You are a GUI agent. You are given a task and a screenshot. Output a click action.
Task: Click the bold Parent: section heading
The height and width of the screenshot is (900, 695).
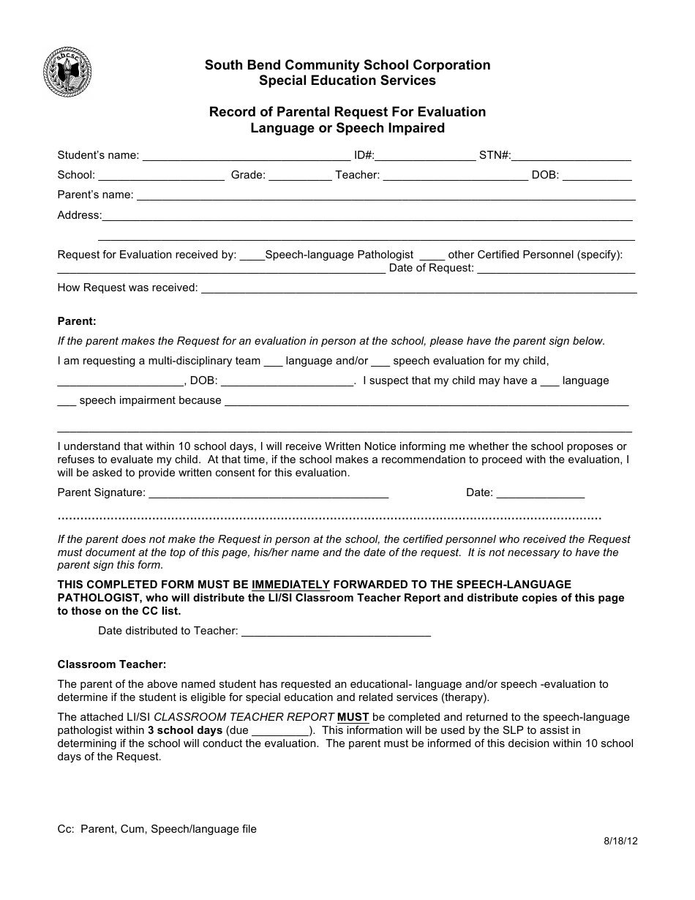pyautogui.click(x=77, y=321)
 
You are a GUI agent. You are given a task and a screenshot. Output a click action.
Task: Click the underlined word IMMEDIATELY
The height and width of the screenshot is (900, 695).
pyautogui.click(x=290, y=585)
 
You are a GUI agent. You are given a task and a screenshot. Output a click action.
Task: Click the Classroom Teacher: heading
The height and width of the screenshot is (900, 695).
pyautogui.click(x=112, y=664)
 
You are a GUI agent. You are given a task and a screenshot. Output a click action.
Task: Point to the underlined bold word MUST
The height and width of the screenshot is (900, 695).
pyautogui.click(x=353, y=717)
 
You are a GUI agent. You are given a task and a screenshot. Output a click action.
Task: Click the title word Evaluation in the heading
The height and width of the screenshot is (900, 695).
pyautogui.click(x=451, y=112)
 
